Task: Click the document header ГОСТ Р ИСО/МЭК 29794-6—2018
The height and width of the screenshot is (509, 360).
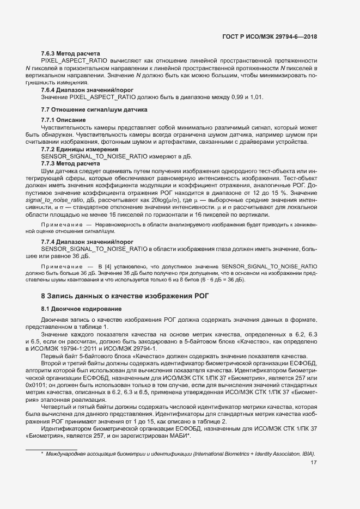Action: tap(270, 37)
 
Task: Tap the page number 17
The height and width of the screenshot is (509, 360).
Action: tap(313, 463)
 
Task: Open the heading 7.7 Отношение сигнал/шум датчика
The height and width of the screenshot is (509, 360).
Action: tap(94, 109)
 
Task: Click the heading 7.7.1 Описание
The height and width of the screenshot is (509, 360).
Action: tap(64, 120)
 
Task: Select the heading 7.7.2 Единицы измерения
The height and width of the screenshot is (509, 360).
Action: tap(80, 149)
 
